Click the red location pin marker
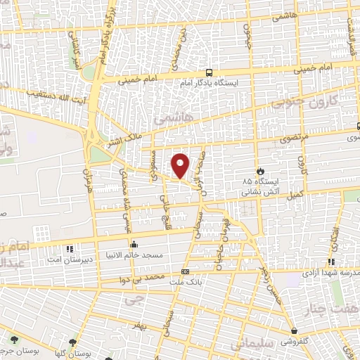click(181, 165)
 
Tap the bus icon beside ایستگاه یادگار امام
click(209, 72)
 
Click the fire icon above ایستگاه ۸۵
click(259, 170)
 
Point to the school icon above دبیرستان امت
click(69, 249)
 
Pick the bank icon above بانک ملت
click(185, 271)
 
